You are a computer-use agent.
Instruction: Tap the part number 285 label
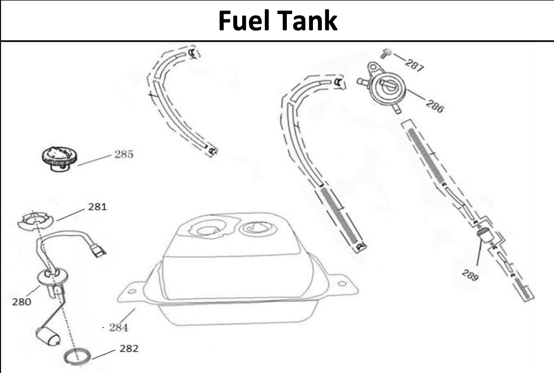coord(124,154)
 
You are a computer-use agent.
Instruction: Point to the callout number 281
coord(97,207)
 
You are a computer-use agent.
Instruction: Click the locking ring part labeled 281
coord(35,221)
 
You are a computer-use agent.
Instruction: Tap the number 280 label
coord(21,302)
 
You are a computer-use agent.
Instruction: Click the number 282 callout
coord(129,348)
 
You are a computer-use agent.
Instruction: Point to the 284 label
coord(118,328)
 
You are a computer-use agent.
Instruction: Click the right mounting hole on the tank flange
coord(342,283)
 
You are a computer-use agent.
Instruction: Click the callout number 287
coord(414,65)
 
